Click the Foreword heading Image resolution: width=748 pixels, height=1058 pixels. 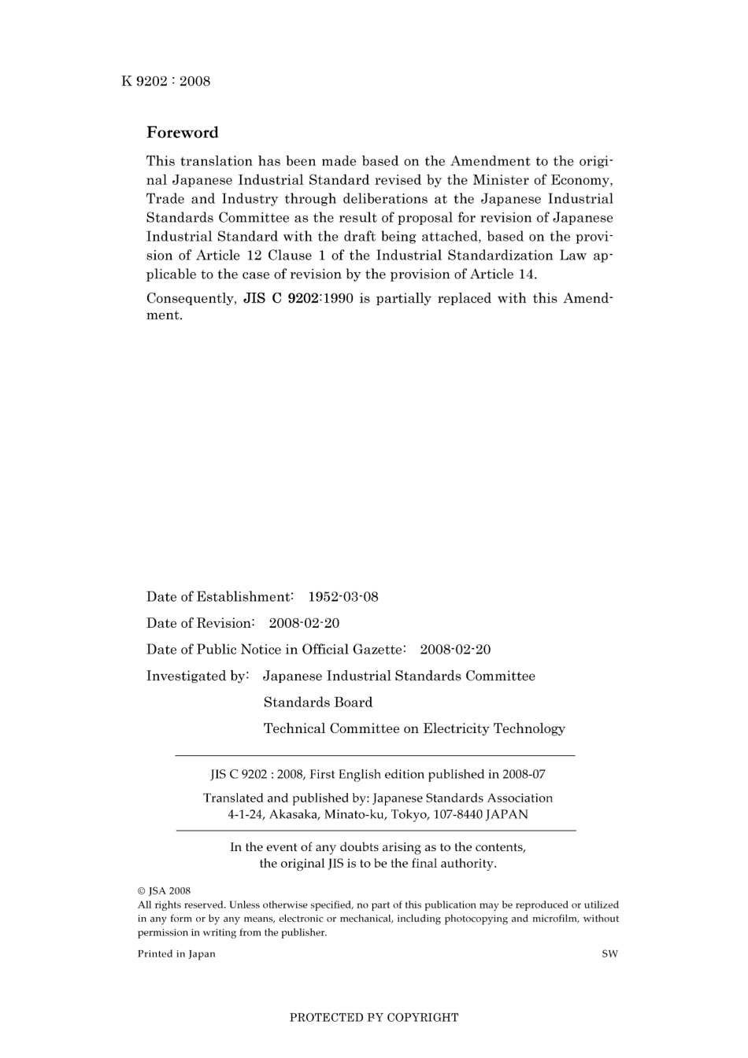(182, 132)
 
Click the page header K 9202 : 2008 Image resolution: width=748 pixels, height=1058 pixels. (165, 81)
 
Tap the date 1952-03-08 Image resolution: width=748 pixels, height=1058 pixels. (343, 596)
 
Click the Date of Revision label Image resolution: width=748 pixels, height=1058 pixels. (200, 623)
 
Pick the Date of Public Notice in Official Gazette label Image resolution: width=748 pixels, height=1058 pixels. (276, 649)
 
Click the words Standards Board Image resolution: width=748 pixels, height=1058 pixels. (318, 702)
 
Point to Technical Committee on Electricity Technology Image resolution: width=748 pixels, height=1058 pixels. (414, 728)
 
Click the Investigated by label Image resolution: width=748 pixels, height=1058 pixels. (198, 676)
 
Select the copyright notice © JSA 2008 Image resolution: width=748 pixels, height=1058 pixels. (164, 891)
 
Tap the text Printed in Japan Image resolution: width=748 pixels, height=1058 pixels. (176, 953)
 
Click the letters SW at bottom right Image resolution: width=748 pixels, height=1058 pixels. (609, 953)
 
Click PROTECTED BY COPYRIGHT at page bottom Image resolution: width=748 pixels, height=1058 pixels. (373, 1017)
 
